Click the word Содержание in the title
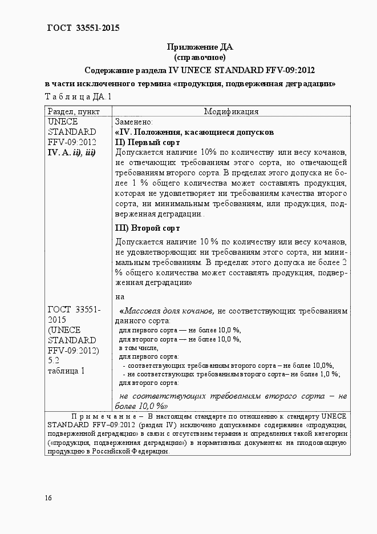click(x=113, y=70)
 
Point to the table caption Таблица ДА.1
click(x=78, y=97)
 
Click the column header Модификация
click(x=231, y=111)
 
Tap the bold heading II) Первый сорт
click(x=148, y=142)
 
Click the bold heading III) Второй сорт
click(x=148, y=227)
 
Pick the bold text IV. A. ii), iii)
click(x=71, y=152)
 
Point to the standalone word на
click(x=120, y=296)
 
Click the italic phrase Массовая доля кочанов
click(x=169, y=311)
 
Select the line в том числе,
click(x=139, y=347)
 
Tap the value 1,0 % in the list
click(x=327, y=374)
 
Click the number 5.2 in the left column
click(x=54, y=360)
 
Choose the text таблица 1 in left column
click(x=66, y=371)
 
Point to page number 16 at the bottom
click(x=48, y=498)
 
